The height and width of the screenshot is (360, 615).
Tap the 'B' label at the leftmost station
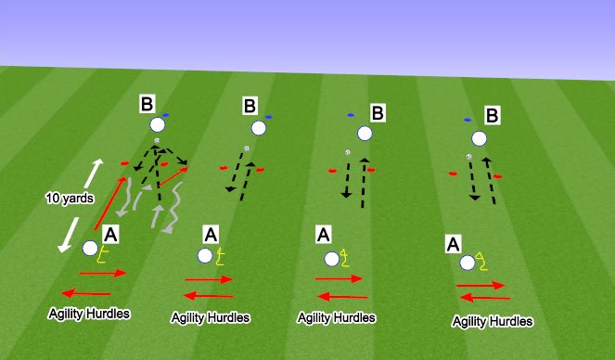click(147, 103)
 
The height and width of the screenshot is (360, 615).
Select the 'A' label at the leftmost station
click(111, 234)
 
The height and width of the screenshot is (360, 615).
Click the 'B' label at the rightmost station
click(493, 115)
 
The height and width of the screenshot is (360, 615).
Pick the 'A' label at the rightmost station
click(454, 244)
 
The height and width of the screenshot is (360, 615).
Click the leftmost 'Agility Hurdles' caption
click(90, 314)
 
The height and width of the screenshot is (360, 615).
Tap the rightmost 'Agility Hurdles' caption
click(493, 321)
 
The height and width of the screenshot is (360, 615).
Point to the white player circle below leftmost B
click(158, 125)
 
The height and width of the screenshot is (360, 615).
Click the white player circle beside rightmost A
click(468, 263)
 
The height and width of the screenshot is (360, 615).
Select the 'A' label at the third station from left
click(323, 236)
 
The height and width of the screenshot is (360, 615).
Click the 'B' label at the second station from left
click(250, 107)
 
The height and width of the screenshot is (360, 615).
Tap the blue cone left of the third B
click(351, 115)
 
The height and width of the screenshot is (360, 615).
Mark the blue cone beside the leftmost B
click(165, 116)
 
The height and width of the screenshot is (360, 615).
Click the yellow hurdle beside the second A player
click(221, 253)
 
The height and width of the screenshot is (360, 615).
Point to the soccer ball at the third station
click(347, 152)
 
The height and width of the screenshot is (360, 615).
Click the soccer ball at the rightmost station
click(469, 156)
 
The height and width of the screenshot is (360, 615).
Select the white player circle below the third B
click(364, 134)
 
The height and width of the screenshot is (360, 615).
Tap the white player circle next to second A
click(204, 255)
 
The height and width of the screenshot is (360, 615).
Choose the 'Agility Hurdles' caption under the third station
click(337, 317)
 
